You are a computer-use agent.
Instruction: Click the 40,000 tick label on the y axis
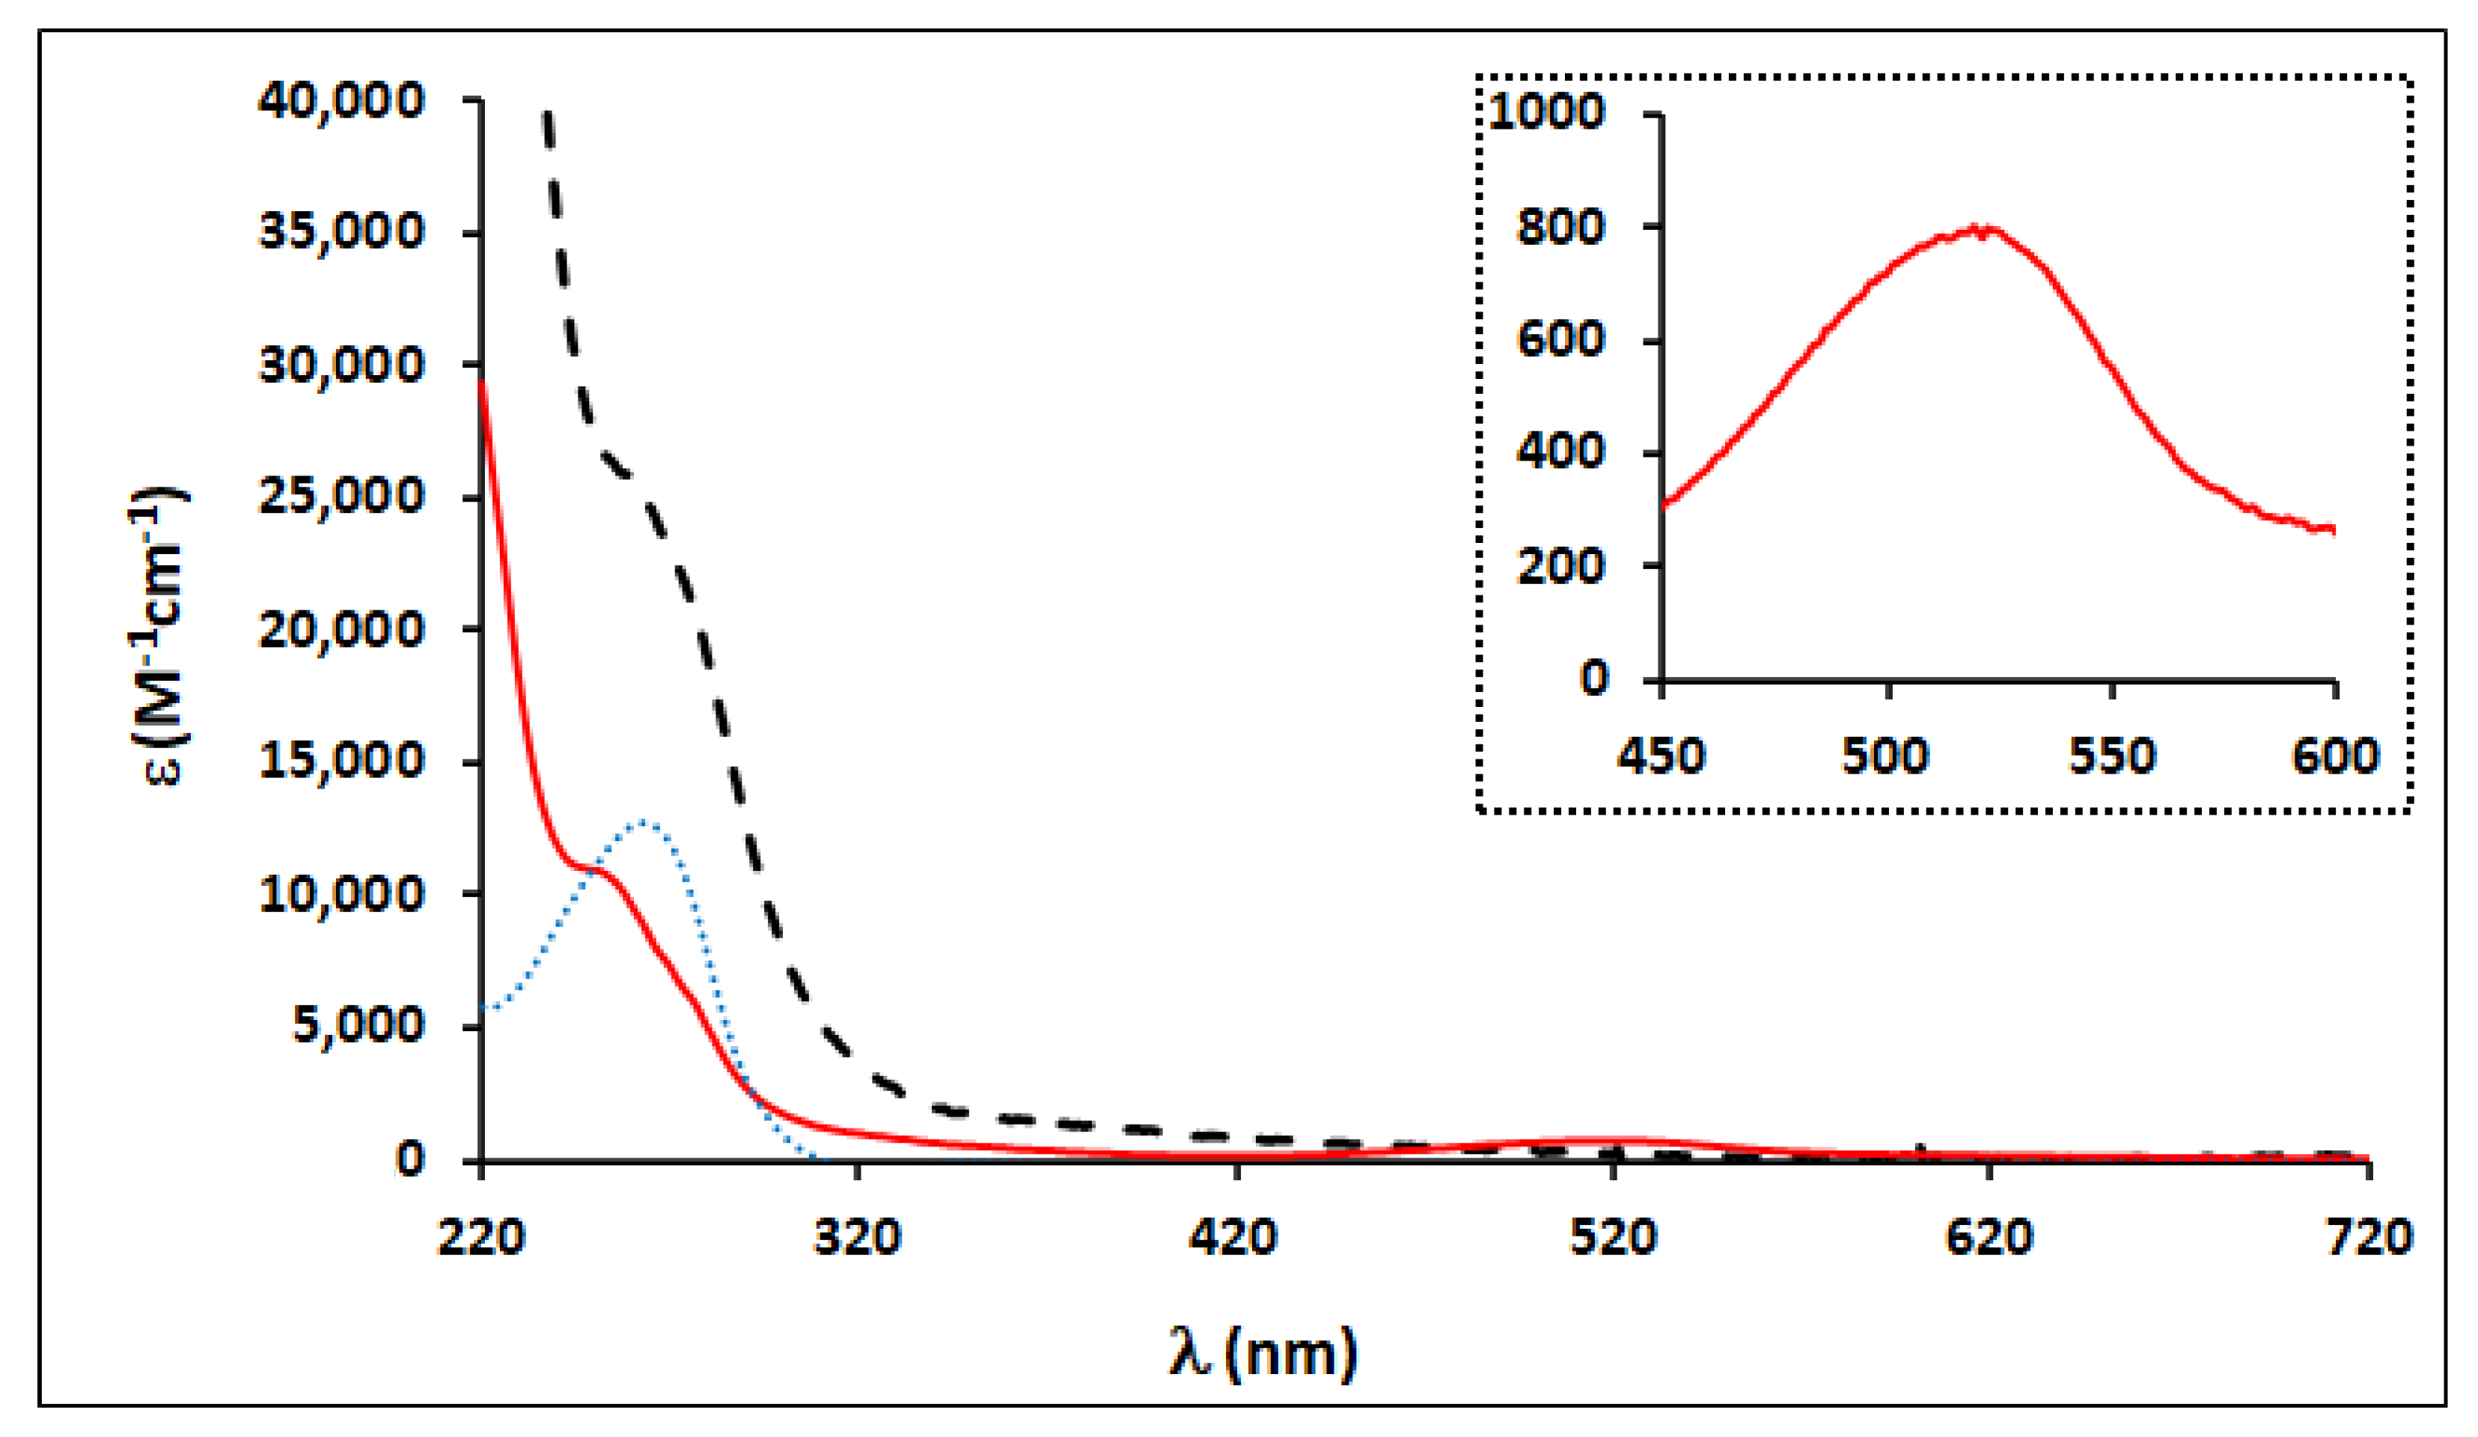341,101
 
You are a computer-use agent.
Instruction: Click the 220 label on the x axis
480,1237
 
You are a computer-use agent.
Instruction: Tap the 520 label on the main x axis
1613,1237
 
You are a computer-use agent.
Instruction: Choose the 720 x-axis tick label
2368,1237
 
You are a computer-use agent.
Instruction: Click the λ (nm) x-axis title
1263,1352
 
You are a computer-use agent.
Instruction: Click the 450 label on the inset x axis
1661,756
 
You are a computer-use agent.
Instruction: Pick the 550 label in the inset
2111,756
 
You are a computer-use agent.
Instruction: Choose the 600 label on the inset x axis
2334,756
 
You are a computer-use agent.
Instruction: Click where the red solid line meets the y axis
482,382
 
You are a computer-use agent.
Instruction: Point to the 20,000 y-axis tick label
341,631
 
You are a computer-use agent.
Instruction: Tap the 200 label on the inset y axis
1560,567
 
